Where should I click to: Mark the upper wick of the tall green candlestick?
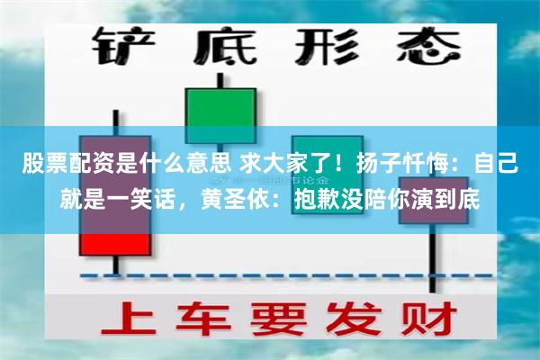220,79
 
